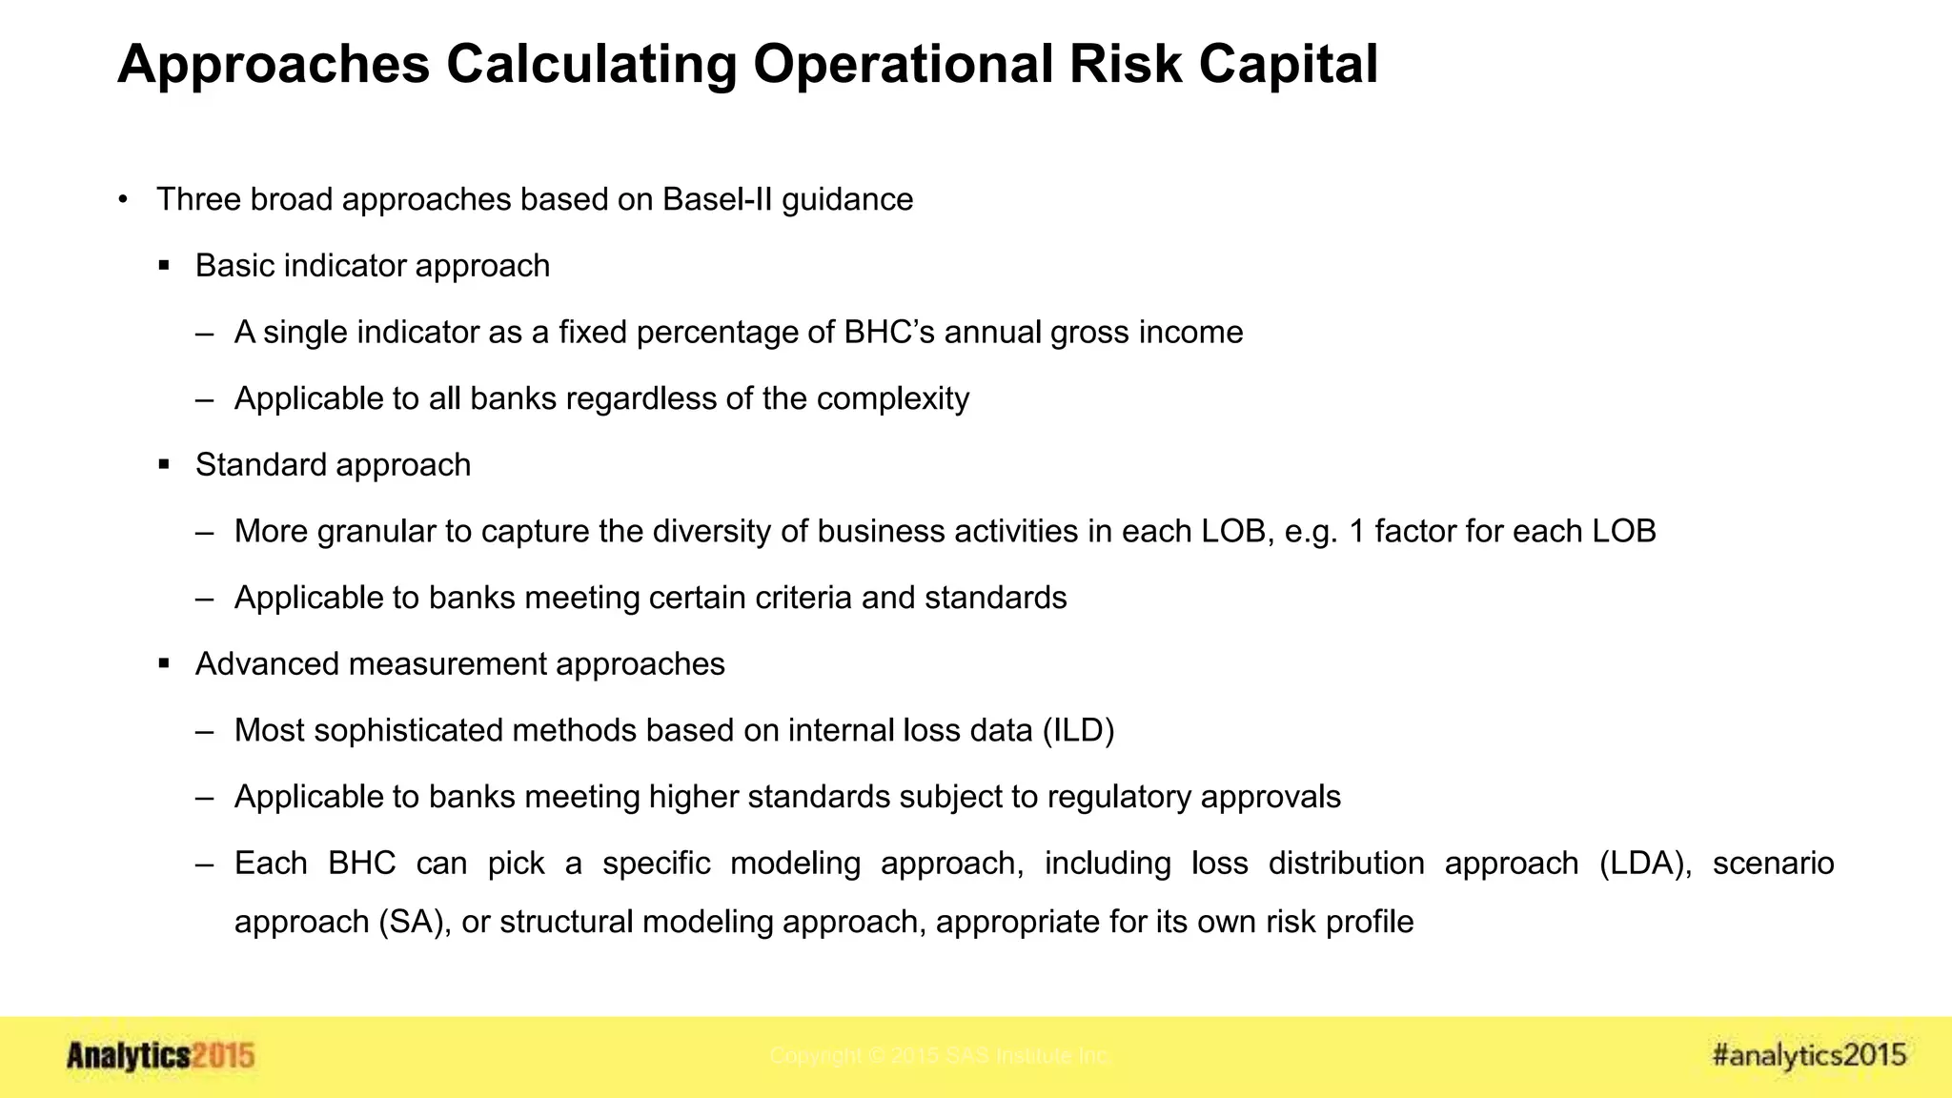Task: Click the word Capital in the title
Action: [x=1288, y=65]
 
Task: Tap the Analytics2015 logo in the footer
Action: [x=160, y=1056]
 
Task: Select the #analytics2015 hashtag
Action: [x=1808, y=1055]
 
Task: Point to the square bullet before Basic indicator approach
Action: [x=164, y=266]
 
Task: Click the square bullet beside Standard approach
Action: [x=164, y=465]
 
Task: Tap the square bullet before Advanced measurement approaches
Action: [x=164, y=664]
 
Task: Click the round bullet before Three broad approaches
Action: [x=123, y=199]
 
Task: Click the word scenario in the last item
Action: [x=1773, y=863]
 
